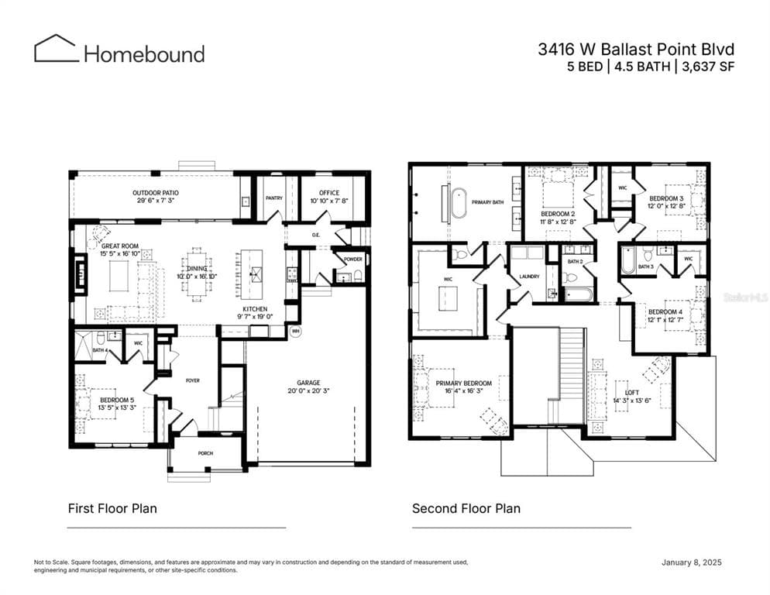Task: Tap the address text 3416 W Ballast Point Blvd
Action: point(636,49)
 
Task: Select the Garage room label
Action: point(308,383)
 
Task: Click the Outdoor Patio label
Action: point(155,192)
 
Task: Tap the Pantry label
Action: point(273,198)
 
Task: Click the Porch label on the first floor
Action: point(205,453)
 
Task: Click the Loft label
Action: point(621,393)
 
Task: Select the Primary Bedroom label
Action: point(463,383)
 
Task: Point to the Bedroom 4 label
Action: point(665,311)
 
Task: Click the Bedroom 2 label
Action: point(557,213)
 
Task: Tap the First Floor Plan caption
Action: point(112,508)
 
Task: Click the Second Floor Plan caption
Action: point(466,508)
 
